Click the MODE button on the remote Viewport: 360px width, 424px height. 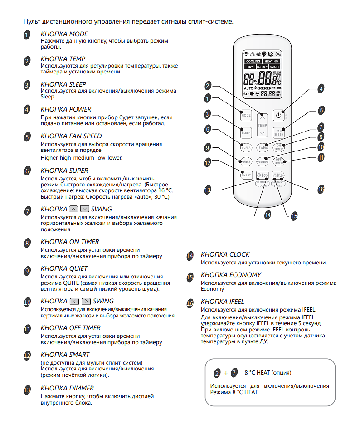click(246, 116)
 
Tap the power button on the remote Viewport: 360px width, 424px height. click(278, 116)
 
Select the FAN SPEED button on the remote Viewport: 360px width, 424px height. click(278, 132)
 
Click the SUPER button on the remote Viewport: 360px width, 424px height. click(246, 147)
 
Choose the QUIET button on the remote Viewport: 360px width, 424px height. click(246, 161)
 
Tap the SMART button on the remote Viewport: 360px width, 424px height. click(246, 175)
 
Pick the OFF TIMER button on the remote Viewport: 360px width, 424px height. click(278, 161)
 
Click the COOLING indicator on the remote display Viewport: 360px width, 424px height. click(253, 61)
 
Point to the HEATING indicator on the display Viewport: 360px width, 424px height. click(272, 61)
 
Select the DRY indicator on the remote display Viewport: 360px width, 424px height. click(250, 67)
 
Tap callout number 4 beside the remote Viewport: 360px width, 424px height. click(321, 89)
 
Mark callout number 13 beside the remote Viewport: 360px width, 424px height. click(207, 190)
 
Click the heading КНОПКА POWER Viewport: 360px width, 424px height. click(66, 109)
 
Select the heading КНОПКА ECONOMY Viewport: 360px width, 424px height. click(231, 275)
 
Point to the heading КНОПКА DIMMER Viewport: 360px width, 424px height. click(67, 388)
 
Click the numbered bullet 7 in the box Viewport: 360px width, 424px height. click(234, 373)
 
